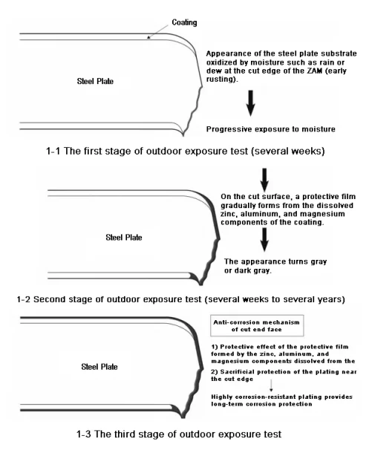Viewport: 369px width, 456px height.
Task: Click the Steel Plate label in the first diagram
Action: coord(100,80)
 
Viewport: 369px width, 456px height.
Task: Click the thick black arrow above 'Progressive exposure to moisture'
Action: coord(250,104)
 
